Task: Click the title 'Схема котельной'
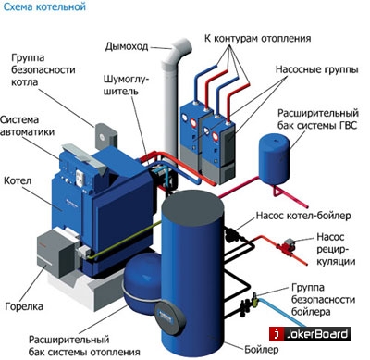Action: point(44,6)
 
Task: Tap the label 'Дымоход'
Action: point(127,46)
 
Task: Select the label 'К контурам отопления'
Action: point(257,39)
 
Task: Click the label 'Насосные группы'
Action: point(317,69)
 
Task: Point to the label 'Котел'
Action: point(18,180)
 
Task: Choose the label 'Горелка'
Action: point(24,306)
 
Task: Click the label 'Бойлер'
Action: point(262,350)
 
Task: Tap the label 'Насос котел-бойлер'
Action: point(303,216)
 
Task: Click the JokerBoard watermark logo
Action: point(310,334)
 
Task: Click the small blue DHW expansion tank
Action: point(274,159)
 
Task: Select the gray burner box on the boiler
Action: point(55,252)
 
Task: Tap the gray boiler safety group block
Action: point(105,137)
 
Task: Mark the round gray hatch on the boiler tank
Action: point(170,317)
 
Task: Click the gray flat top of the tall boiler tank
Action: point(192,205)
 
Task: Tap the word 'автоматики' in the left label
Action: point(28,131)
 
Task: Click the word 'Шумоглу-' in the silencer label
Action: point(126,80)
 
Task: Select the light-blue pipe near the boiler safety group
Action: point(281,311)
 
